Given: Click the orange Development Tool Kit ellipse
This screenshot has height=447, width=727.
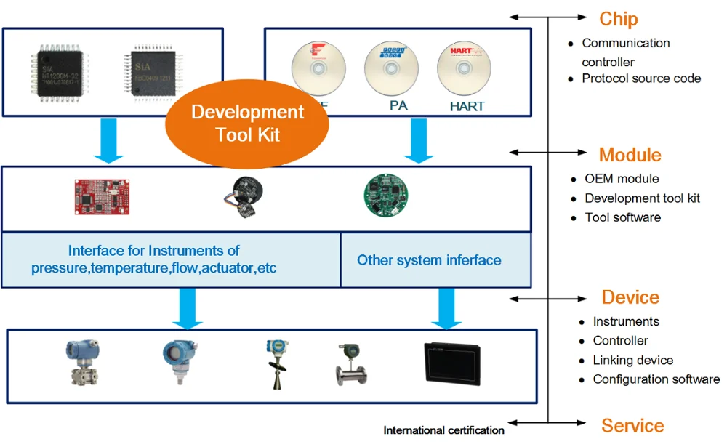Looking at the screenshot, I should point(247,124).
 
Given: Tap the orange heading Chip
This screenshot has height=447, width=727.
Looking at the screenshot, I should point(619,19).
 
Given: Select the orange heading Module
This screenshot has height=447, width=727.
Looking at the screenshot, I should point(630,155).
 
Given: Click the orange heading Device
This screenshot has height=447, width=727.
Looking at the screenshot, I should point(630,297).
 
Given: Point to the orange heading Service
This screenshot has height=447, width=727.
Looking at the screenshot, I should point(632,425).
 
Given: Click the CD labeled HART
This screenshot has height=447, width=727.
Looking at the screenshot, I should point(466,70).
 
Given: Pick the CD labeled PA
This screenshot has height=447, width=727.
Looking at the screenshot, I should point(393,69).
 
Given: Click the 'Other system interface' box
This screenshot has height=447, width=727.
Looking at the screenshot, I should point(429,260).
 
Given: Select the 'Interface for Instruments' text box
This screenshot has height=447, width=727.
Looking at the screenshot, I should point(154,260).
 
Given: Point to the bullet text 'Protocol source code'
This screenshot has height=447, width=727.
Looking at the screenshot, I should point(641,78).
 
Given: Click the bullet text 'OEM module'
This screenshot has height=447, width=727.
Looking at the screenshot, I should point(622,179).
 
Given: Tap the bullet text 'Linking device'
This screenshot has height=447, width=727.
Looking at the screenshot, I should point(632,360).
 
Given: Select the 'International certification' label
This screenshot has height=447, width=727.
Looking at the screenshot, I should point(443,430).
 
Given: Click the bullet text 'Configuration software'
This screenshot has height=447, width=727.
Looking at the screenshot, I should point(656,379).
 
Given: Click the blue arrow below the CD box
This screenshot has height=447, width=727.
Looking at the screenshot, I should point(418,140).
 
